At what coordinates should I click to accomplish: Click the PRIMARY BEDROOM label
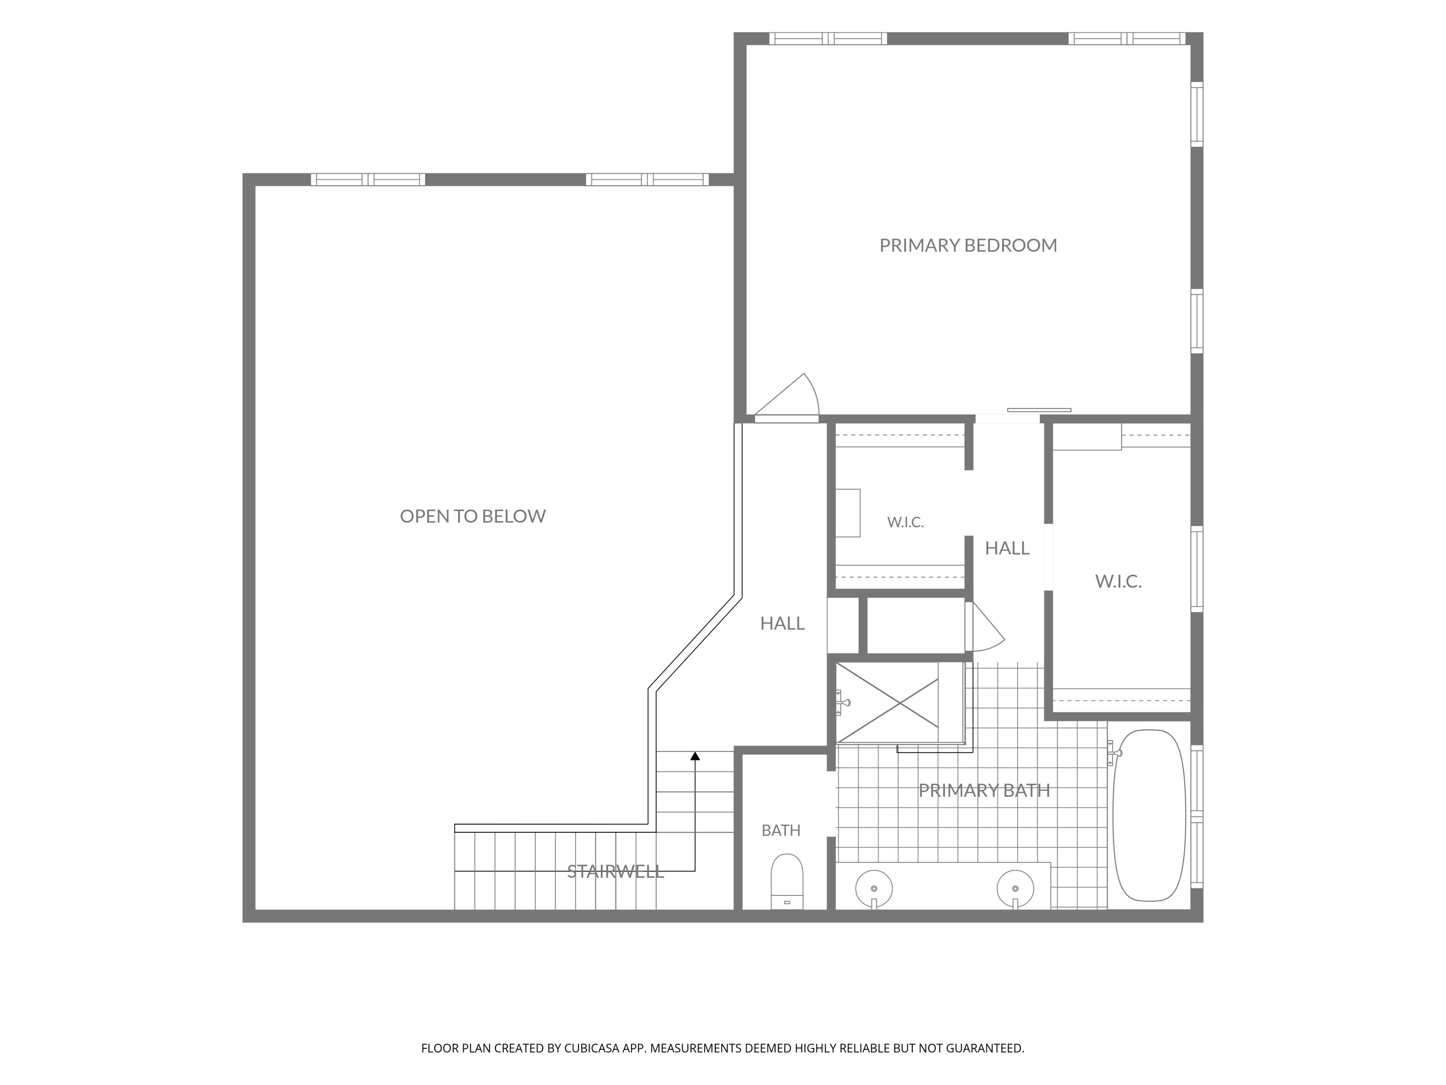pos(968,245)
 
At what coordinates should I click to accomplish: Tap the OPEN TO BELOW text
pos(473,516)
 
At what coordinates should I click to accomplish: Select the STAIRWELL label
pos(615,871)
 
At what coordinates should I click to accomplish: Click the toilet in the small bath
pos(787,881)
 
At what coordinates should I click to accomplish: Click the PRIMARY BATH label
pos(984,790)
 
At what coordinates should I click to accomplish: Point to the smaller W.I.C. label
pos(905,522)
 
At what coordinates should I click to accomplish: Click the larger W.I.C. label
pos(1118,581)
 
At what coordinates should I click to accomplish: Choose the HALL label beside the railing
pos(782,623)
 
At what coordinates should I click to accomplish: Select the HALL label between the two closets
pos(1007,548)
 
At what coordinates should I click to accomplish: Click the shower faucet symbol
pos(842,703)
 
